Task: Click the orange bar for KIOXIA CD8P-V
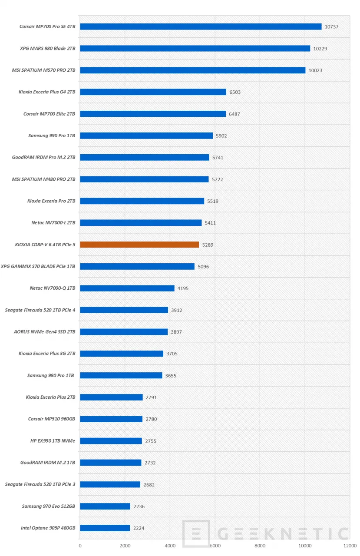point(139,245)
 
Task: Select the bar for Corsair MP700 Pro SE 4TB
point(201,26)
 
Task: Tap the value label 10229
point(320,49)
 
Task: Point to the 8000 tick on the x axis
point(260,546)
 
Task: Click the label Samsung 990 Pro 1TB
point(52,136)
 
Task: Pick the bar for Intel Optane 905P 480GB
point(105,528)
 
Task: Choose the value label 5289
point(208,245)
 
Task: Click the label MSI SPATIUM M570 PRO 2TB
point(43,70)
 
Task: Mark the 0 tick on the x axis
point(80,546)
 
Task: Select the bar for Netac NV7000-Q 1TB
point(127,288)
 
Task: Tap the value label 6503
point(235,92)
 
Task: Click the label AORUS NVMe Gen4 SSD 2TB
point(45,332)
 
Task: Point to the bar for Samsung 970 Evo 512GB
point(105,506)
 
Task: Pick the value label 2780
point(151,420)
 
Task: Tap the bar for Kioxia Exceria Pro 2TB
point(142,201)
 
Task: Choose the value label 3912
point(176,310)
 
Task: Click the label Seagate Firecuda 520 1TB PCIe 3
point(40,484)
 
